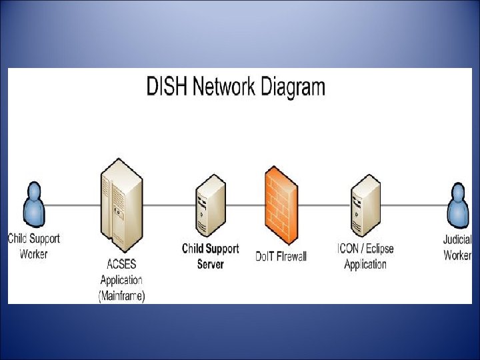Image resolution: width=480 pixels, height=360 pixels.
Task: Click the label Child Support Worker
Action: click(x=33, y=245)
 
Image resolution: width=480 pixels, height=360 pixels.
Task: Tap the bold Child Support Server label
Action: click(x=210, y=256)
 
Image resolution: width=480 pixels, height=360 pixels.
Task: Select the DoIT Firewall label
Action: click(x=281, y=256)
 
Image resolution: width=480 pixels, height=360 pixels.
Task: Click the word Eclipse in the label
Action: click(x=375, y=249)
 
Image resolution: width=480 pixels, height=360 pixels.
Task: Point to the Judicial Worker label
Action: click(x=458, y=247)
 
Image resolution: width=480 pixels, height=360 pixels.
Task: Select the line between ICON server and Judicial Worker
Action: click(x=413, y=205)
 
